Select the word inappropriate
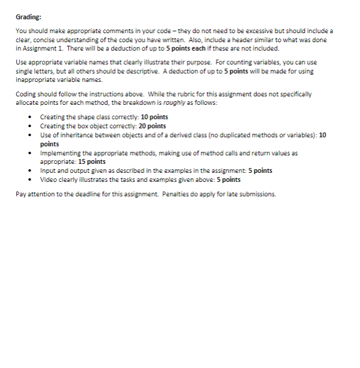pyautogui.click(x=35, y=80)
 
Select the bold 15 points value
pyautogui.click(x=92, y=161)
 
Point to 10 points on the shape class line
pyautogui.click(x=154, y=117)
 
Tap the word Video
pyautogui.click(x=48, y=179)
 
